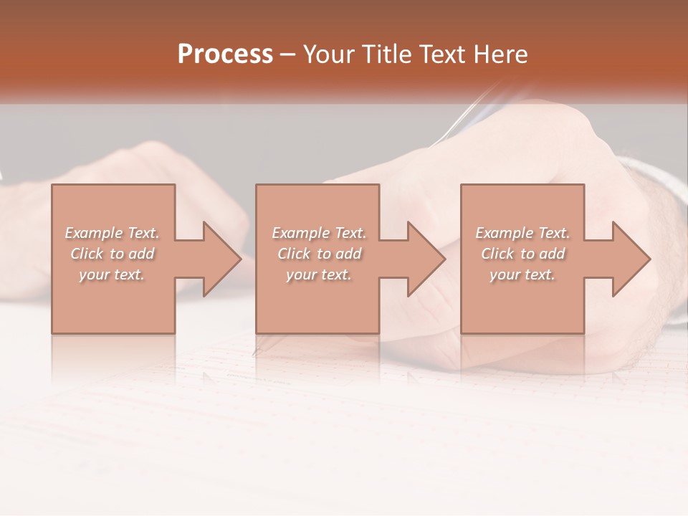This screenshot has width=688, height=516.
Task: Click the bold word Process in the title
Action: point(225,54)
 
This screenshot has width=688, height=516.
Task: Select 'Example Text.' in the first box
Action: point(112,233)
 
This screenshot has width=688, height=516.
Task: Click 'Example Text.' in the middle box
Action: point(319,233)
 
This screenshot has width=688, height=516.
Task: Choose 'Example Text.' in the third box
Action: point(522,233)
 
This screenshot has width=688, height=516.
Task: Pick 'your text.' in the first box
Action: point(112,274)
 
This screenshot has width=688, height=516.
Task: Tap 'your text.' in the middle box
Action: point(319,274)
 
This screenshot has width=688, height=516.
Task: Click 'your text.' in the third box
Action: point(522,274)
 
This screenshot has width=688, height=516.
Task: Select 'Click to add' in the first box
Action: point(112,254)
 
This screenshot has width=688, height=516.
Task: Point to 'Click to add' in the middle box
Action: point(319,254)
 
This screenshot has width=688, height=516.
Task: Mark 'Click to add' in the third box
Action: point(522,254)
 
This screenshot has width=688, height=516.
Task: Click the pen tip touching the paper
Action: point(256,352)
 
